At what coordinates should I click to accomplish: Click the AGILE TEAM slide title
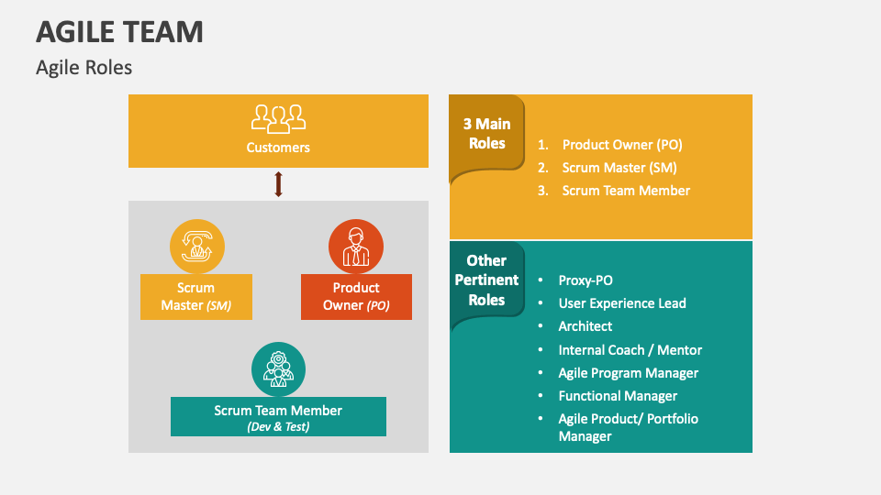pyautogui.click(x=119, y=32)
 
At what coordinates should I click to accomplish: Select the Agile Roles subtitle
pyautogui.click(x=84, y=68)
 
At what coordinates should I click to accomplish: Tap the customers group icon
pyautogui.click(x=278, y=118)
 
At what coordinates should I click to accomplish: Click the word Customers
pyautogui.click(x=278, y=147)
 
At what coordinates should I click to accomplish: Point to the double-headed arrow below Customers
pyautogui.click(x=278, y=184)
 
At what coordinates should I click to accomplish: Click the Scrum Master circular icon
pyautogui.click(x=196, y=247)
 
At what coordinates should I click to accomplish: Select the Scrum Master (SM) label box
pyautogui.click(x=195, y=296)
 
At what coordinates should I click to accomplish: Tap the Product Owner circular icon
pyautogui.click(x=356, y=247)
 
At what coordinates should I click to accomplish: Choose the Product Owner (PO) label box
pyautogui.click(x=356, y=296)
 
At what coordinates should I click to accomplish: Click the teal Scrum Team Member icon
pyautogui.click(x=278, y=369)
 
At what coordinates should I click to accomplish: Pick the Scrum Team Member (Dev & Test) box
pyautogui.click(x=278, y=417)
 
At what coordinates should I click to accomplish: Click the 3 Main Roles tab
pyautogui.click(x=486, y=134)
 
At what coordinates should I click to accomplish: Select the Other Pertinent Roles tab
pyautogui.click(x=486, y=280)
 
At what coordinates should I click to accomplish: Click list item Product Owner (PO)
pyautogui.click(x=622, y=145)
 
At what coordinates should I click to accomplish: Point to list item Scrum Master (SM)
pyautogui.click(x=619, y=168)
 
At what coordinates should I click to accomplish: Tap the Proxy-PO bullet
pyautogui.click(x=585, y=280)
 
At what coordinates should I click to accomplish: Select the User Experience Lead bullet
pyautogui.click(x=622, y=303)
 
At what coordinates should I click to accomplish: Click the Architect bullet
pyautogui.click(x=585, y=326)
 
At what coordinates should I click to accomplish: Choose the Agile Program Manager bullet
pyautogui.click(x=629, y=373)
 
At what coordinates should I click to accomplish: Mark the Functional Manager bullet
pyautogui.click(x=618, y=396)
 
